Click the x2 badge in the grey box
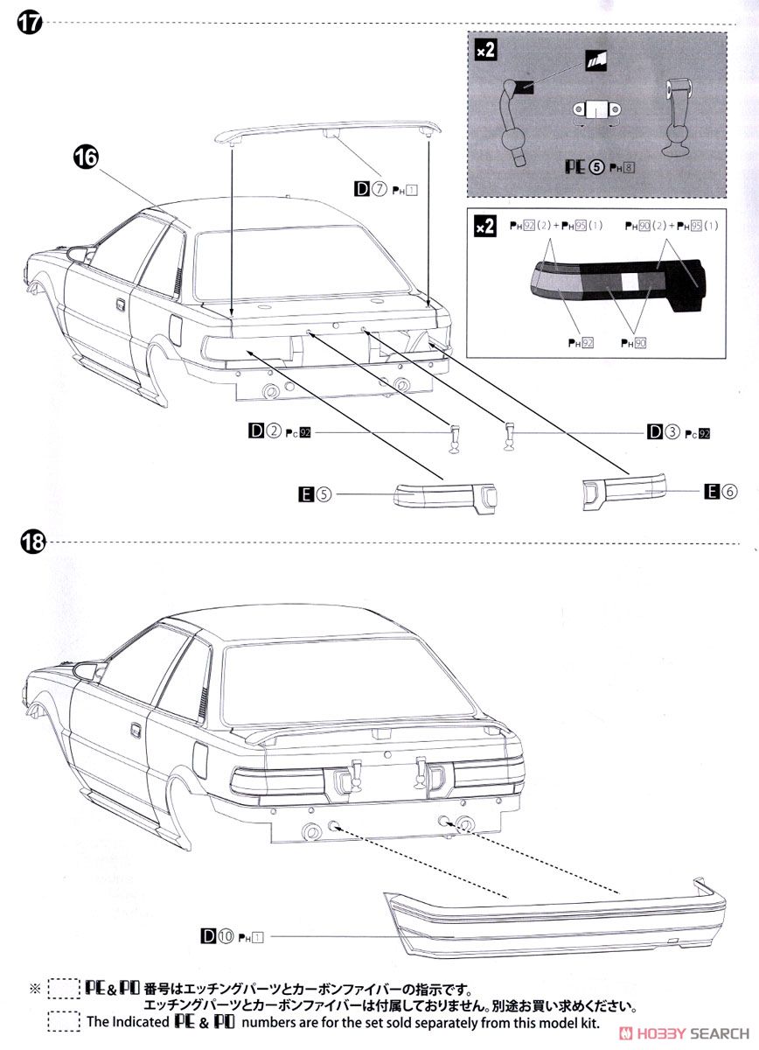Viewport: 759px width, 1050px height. click(484, 51)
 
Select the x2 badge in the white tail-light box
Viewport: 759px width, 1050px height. click(484, 226)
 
